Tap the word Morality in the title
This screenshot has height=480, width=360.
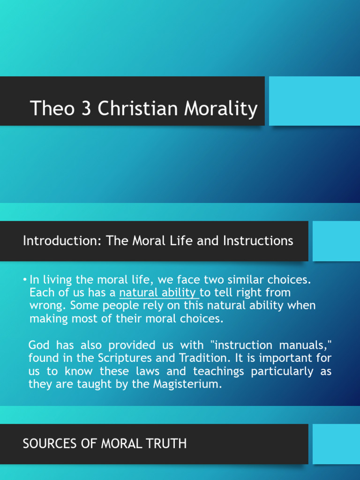221,109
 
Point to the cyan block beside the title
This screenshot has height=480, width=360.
315,101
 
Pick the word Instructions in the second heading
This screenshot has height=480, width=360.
258,241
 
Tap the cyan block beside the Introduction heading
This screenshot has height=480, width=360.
336,241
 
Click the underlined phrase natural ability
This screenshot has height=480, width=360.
158,292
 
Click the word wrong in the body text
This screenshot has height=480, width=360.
45,306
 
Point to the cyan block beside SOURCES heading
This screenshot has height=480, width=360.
336,444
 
